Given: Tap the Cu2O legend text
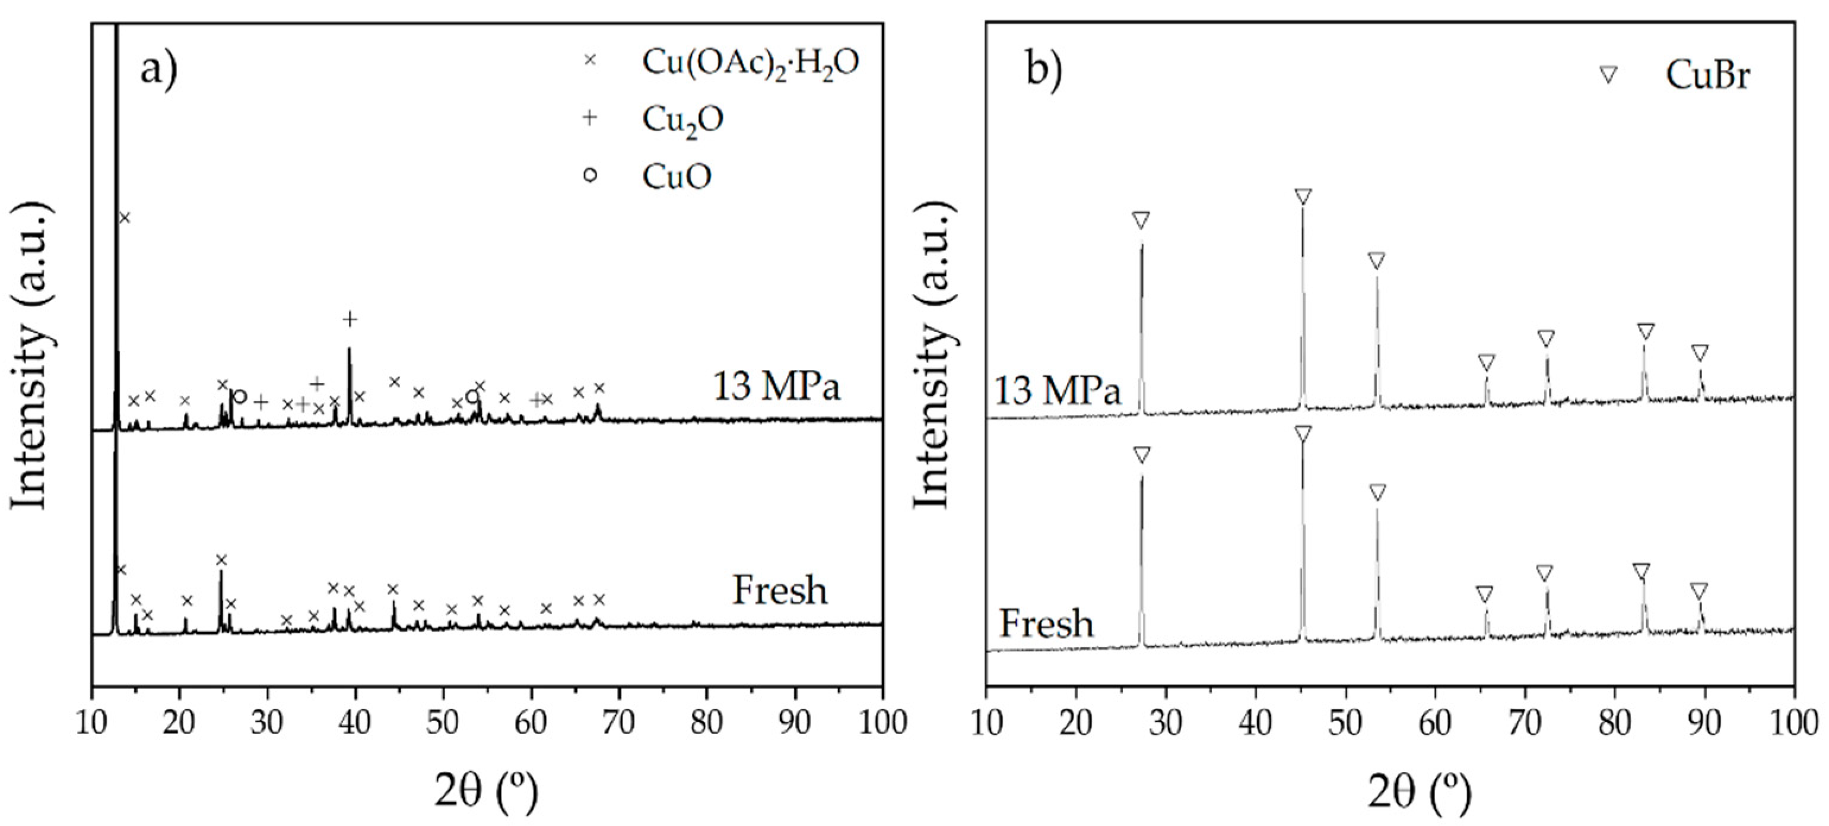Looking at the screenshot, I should tap(682, 119).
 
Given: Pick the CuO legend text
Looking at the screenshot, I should tap(676, 176).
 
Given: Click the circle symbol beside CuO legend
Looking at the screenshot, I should tap(589, 175).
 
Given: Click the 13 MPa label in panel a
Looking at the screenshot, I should tap(777, 388).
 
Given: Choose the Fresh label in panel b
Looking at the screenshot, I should tap(1047, 624).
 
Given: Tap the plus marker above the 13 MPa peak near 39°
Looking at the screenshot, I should tap(348, 319).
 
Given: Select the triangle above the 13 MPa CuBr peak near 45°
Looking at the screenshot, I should tap(1302, 197).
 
